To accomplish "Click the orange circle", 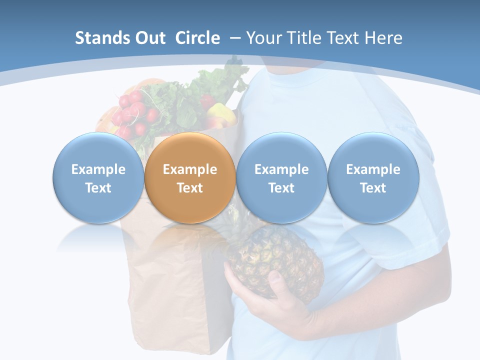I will tap(190, 178).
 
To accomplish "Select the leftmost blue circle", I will tap(98, 178).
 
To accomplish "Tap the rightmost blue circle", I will tap(373, 178).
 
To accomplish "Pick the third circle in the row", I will tap(281, 178).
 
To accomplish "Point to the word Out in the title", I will tap(149, 38).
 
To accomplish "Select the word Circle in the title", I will tap(197, 38).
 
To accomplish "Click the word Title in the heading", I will tap(305, 38).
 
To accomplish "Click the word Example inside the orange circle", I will tap(190, 169).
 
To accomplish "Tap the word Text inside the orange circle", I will tap(190, 188).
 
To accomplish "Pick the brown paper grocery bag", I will tap(165, 280).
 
